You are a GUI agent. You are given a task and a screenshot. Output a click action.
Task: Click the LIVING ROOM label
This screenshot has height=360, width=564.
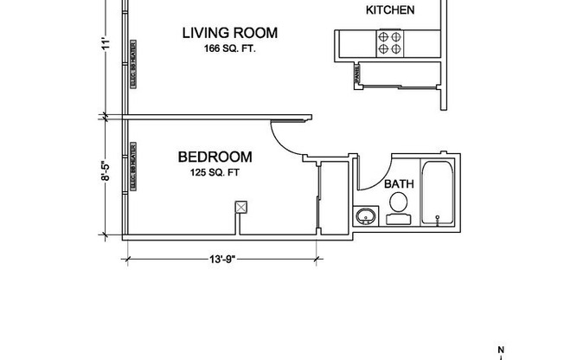[229, 33]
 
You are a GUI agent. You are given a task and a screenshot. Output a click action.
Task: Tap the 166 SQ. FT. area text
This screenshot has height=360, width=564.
[229, 48]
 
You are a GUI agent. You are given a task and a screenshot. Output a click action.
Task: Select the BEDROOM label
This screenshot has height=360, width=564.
[215, 157]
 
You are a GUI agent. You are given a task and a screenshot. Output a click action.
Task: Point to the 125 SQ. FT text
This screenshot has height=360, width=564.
[215, 172]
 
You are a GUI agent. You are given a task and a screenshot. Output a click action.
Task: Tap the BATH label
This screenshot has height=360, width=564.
[398, 183]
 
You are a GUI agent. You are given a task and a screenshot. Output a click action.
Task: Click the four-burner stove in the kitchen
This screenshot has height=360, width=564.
[389, 42]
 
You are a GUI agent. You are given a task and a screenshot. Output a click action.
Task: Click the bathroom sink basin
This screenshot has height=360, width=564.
[365, 215]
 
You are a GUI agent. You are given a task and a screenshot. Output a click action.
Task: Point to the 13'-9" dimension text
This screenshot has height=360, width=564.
[221, 258]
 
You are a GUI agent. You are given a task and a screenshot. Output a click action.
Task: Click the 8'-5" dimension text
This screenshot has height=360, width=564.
[106, 175]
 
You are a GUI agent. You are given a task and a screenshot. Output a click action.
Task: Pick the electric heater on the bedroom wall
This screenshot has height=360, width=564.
[133, 166]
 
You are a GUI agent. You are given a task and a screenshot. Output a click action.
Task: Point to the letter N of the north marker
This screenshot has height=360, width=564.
[500, 350]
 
